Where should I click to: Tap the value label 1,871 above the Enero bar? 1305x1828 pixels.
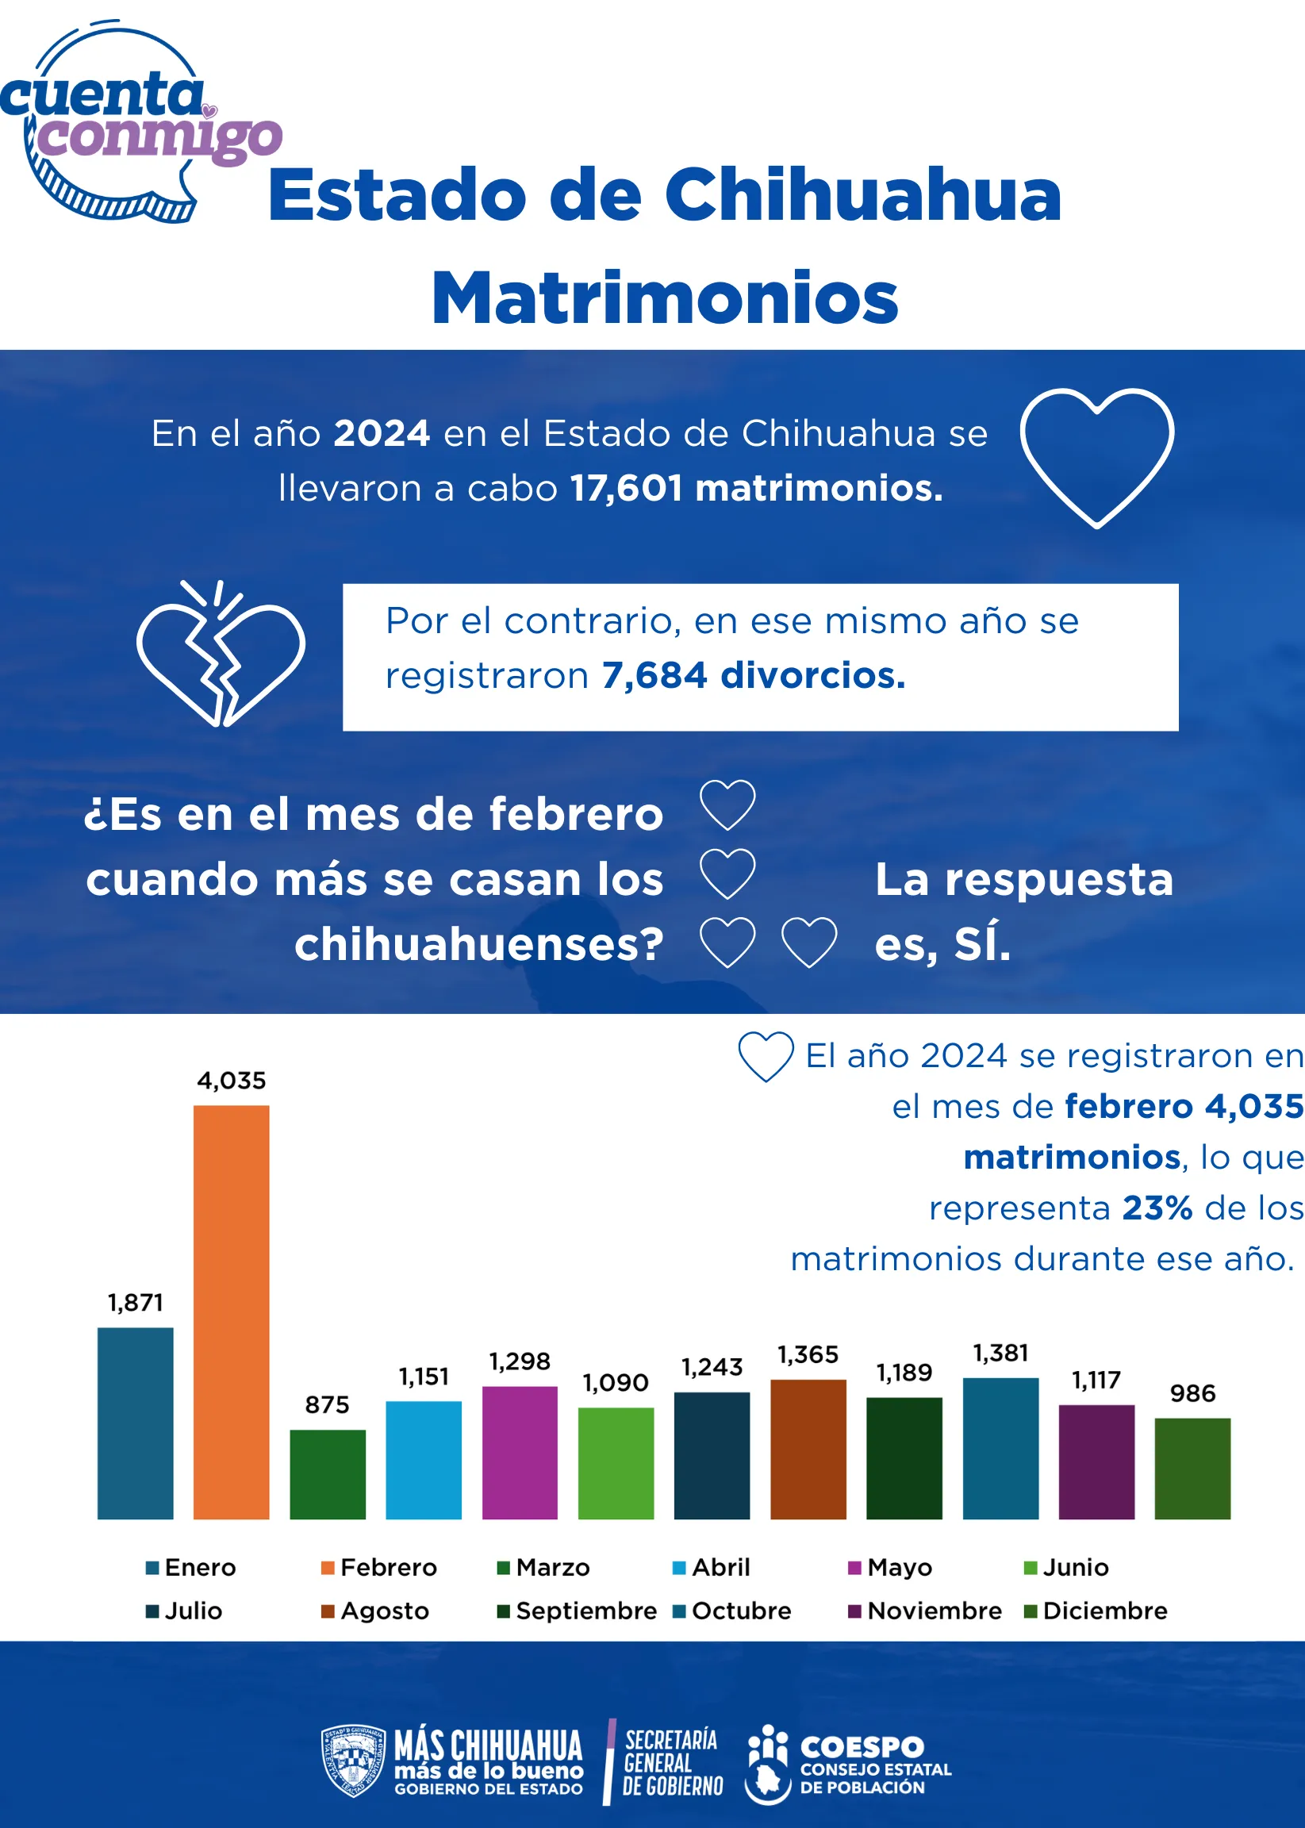[135, 1302]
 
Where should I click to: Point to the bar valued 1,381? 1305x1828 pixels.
[1000, 1448]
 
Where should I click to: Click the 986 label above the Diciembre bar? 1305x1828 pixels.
[1192, 1392]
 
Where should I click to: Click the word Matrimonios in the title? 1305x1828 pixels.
[665, 298]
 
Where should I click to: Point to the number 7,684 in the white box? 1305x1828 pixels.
[654, 675]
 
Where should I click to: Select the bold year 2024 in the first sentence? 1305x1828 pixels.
[382, 433]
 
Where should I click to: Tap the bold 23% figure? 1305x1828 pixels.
[1157, 1208]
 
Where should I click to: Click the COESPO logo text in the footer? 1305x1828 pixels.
[862, 1747]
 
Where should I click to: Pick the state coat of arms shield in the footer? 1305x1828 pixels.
[353, 1761]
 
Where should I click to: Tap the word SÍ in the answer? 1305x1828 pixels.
[982, 944]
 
